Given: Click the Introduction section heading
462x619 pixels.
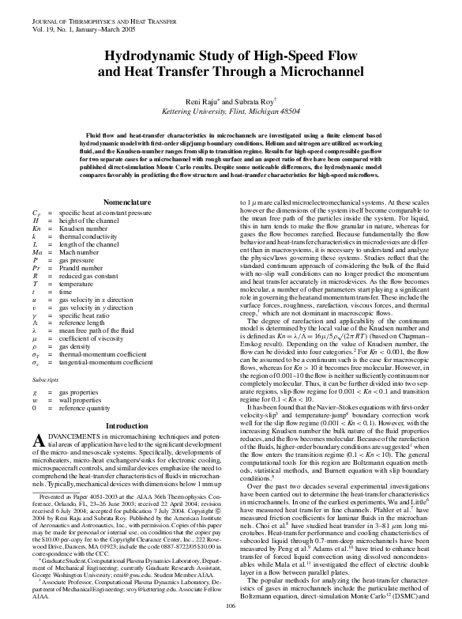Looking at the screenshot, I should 127,427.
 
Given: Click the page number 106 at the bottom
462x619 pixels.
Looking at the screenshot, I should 231,606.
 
